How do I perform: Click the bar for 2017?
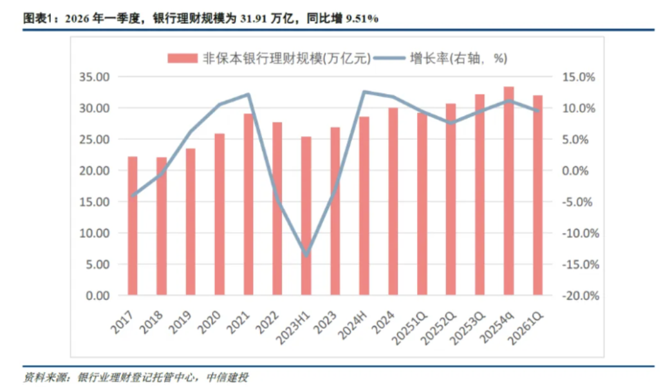pyautogui.click(x=133, y=226)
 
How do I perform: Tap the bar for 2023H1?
pyautogui.click(x=306, y=216)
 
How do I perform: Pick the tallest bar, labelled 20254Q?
pyautogui.click(x=509, y=191)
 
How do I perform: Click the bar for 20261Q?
pyautogui.click(x=537, y=195)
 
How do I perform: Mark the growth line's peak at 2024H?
pyautogui.click(x=364, y=92)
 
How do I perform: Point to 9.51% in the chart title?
pyautogui.click(x=362, y=19)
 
